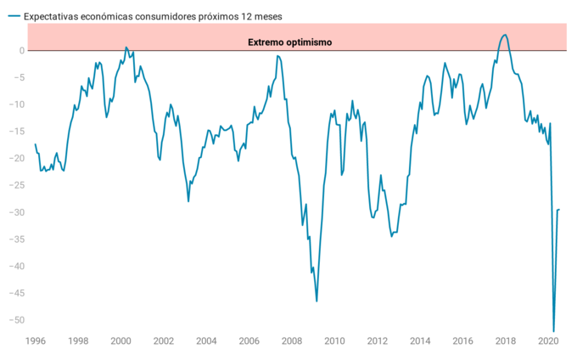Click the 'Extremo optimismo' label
tap(289, 42)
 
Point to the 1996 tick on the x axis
tap(35, 341)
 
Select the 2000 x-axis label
tap(120, 341)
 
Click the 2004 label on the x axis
tap(206, 341)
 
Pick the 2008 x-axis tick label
tap(291, 341)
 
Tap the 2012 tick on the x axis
tap(377, 341)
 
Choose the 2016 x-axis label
tap(462, 341)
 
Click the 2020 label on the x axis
tap(547, 341)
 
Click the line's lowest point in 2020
tap(553, 331)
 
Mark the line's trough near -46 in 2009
tap(317, 301)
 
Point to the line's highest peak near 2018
tap(505, 35)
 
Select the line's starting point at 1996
tap(35, 144)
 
